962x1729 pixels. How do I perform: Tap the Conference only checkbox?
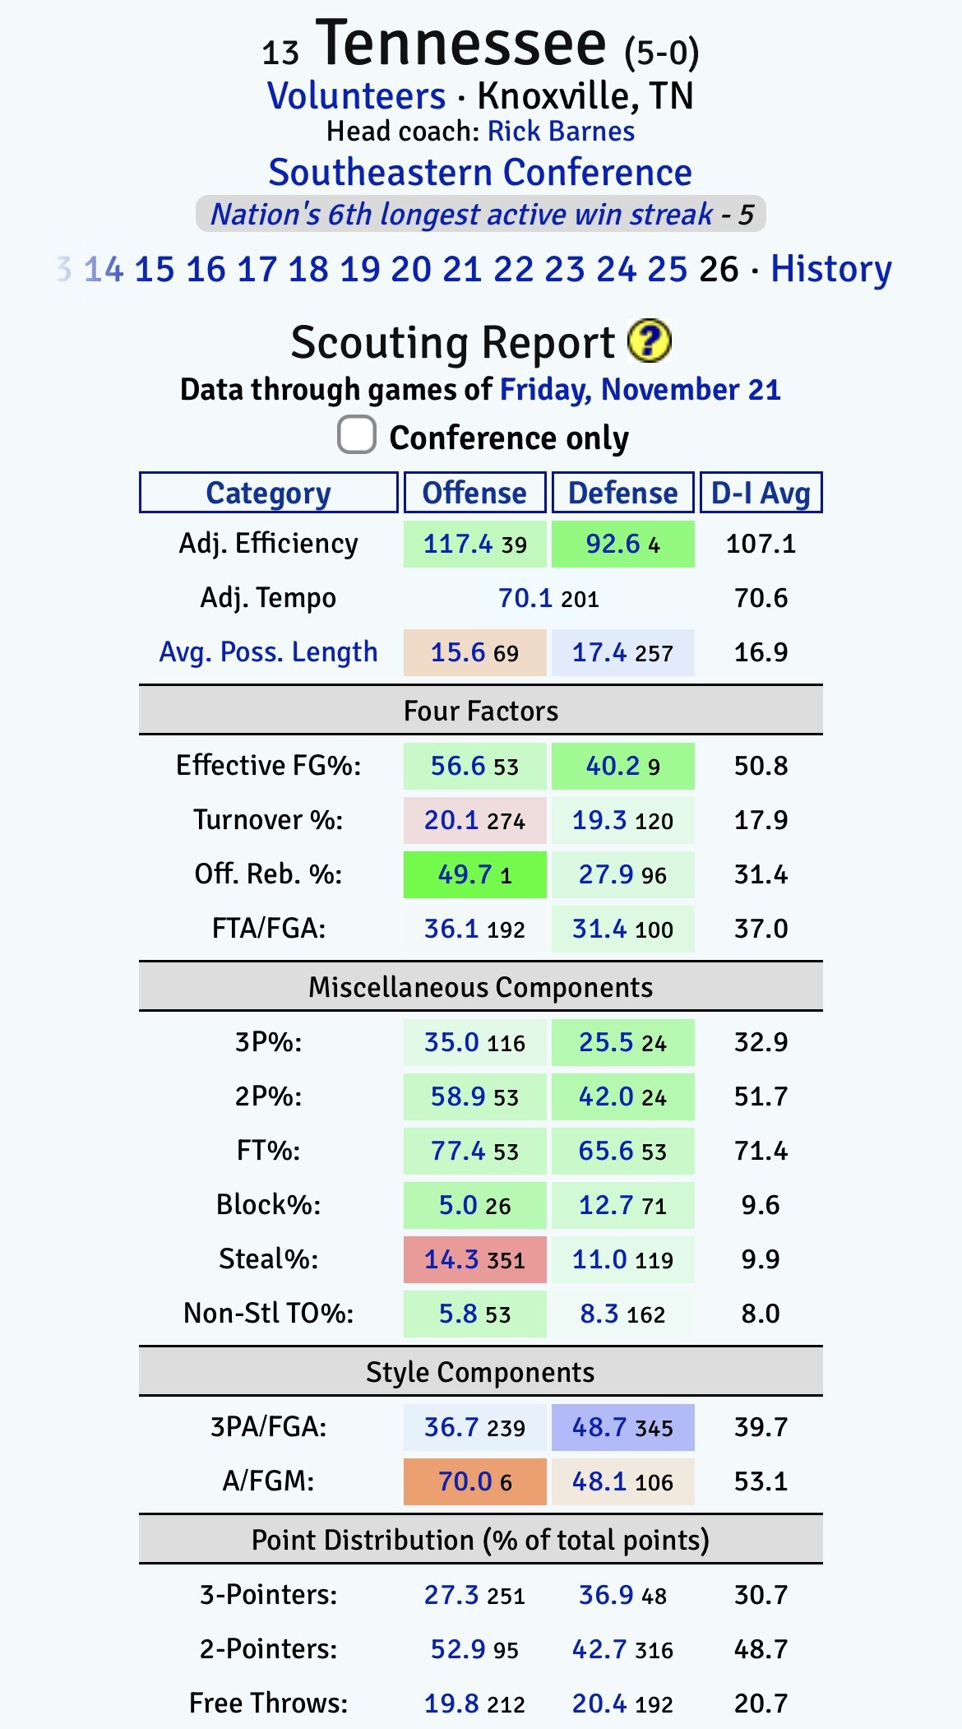click(x=357, y=435)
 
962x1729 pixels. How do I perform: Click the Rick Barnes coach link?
click(x=561, y=132)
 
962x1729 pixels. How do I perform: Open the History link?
click(x=830, y=269)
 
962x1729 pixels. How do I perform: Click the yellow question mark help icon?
click(x=649, y=341)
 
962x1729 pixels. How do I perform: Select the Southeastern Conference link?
click(x=480, y=173)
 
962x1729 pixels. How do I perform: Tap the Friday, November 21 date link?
click(x=640, y=389)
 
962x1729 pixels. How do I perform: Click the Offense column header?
click(x=474, y=493)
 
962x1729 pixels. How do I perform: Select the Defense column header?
click(x=622, y=493)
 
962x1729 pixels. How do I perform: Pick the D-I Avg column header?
click(x=761, y=493)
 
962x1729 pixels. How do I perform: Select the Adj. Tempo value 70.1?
click(x=525, y=598)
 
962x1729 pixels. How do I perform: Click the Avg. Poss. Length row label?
click(x=269, y=652)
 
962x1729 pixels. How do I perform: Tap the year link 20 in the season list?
click(x=411, y=269)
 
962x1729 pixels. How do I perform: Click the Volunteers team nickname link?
click(x=357, y=96)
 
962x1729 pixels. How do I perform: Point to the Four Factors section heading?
click(x=480, y=711)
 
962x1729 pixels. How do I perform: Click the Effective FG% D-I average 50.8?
click(x=761, y=766)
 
